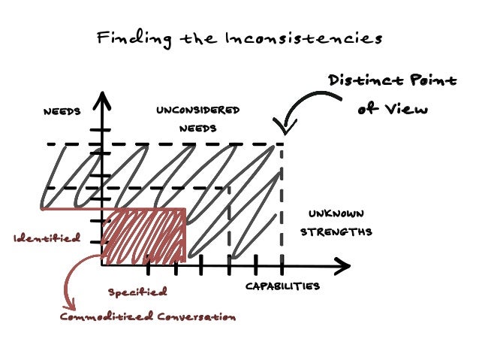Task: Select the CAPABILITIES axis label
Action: click(x=282, y=286)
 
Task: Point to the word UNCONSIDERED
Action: click(x=197, y=110)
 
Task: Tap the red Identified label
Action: click(x=47, y=238)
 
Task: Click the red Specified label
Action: click(x=137, y=292)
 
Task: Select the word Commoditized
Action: click(x=107, y=316)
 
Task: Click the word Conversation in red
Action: click(x=197, y=316)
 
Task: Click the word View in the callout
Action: click(x=412, y=109)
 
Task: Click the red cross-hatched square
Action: click(x=146, y=238)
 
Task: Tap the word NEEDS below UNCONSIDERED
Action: click(x=197, y=128)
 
